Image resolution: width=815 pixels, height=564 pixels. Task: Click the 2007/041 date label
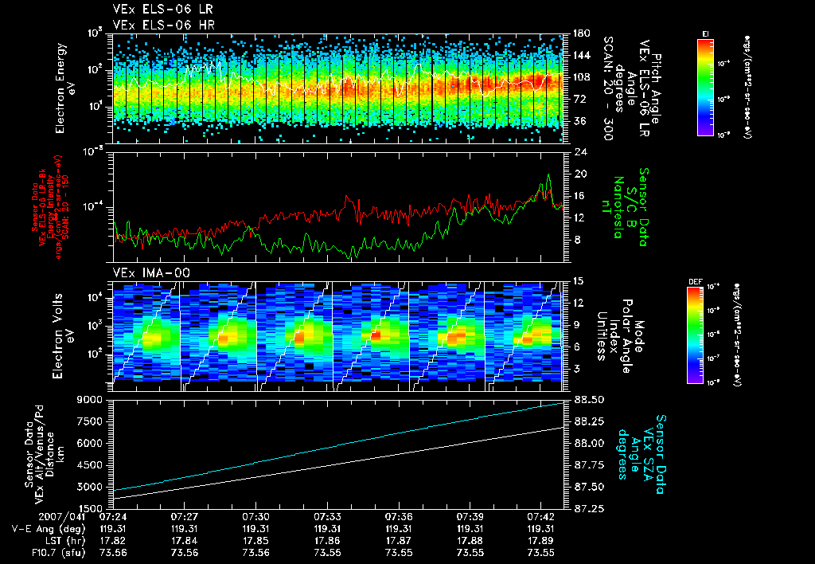[36, 517]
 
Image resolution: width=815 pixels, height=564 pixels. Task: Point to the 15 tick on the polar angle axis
[578, 280]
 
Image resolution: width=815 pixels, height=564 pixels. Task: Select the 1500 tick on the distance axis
[94, 507]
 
